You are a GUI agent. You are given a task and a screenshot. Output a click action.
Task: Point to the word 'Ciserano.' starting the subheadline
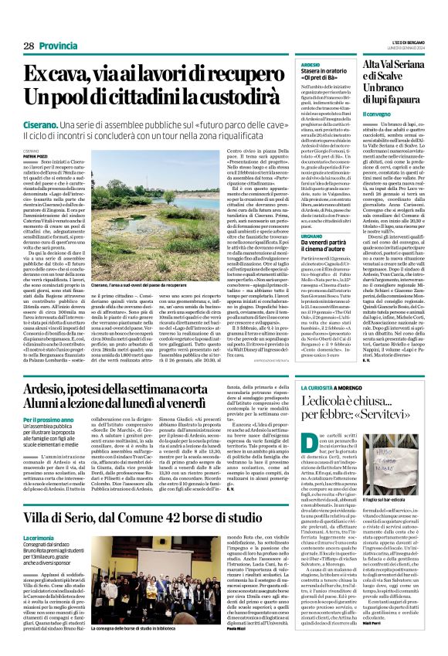click(x=43, y=125)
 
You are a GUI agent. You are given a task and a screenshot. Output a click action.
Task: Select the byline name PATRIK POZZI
click(x=36, y=156)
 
